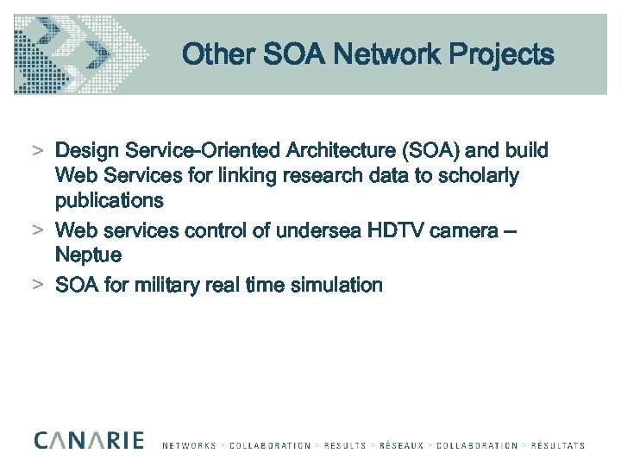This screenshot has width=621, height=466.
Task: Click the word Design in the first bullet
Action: pyautogui.click(x=85, y=151)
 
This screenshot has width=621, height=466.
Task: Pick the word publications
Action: pyautogui.click(x=109, y=201)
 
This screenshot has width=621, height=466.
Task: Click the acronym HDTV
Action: pyautogui.click(x=397, y=230)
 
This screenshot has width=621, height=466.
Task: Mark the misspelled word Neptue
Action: pyautogui.click(x=88, y=255)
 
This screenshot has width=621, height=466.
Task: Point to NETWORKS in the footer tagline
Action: pyautogui.click(x=189, y=446)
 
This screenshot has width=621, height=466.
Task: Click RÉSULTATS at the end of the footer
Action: pyautogui.click(x=557, y=446)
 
